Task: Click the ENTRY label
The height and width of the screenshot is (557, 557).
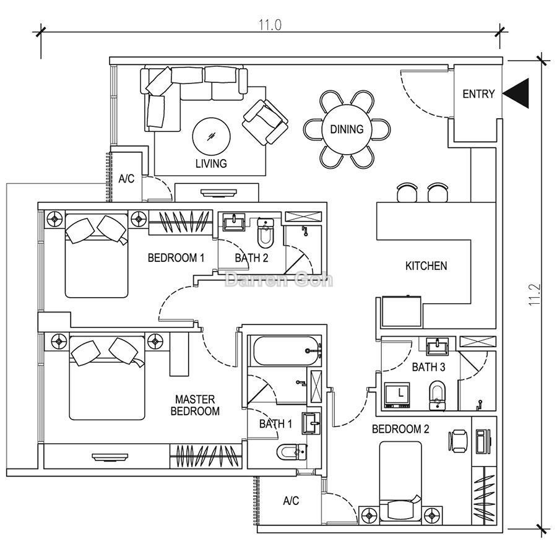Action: [478, 94]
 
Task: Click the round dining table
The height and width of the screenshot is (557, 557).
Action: [347, 129]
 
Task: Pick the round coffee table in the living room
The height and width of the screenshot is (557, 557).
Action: [212, 136]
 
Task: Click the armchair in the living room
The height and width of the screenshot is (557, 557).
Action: [265, 121]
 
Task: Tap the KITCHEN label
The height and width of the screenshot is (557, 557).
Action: [426, 266]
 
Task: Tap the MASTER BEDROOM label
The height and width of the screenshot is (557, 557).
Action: [196, 405]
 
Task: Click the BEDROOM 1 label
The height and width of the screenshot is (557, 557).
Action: [176, 257]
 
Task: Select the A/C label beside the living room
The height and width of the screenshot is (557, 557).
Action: [126, 179]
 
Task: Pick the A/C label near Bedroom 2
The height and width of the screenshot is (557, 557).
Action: [290, 501]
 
